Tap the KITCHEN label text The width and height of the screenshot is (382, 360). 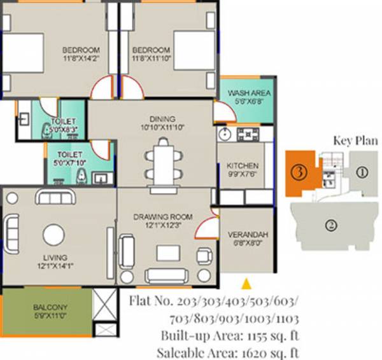tap(243, 166)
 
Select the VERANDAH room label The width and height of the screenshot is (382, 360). tap(248, 235)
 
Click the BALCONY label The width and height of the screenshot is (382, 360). tap(48, 306)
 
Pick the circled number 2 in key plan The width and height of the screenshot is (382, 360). tap(330, 224)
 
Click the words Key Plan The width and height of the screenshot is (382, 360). tap(355, 141)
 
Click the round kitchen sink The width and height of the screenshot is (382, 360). tap(225, 134)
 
